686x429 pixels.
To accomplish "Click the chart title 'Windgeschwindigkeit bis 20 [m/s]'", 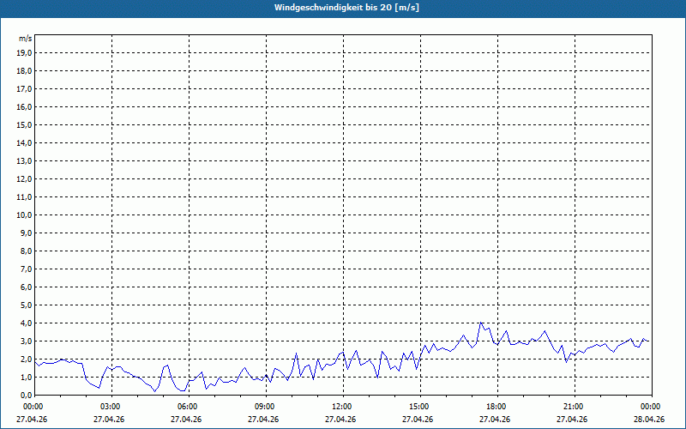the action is pos(346,8).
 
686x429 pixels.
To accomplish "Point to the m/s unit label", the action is pos(26,39).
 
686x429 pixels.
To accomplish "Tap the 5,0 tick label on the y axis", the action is pos(27,305).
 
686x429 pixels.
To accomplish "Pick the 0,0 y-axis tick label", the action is pos(27,396).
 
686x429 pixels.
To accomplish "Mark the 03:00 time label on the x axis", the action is pos(111,407).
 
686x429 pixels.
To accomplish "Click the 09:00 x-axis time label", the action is pos(266,407).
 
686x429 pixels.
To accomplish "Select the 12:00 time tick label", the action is pos(343,407).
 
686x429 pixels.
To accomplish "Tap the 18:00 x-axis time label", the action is pos(497,407).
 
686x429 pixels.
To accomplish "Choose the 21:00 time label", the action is pos(575,407).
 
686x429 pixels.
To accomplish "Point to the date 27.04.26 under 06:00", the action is pos(186,420).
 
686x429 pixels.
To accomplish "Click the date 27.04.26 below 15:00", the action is pos(418,420).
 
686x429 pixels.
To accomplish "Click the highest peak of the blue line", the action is pos(481,323).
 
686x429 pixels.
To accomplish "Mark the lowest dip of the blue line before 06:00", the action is pos(155,391).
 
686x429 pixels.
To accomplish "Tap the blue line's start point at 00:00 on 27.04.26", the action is pos(34,361).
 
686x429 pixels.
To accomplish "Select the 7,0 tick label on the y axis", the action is pos(27,269).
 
